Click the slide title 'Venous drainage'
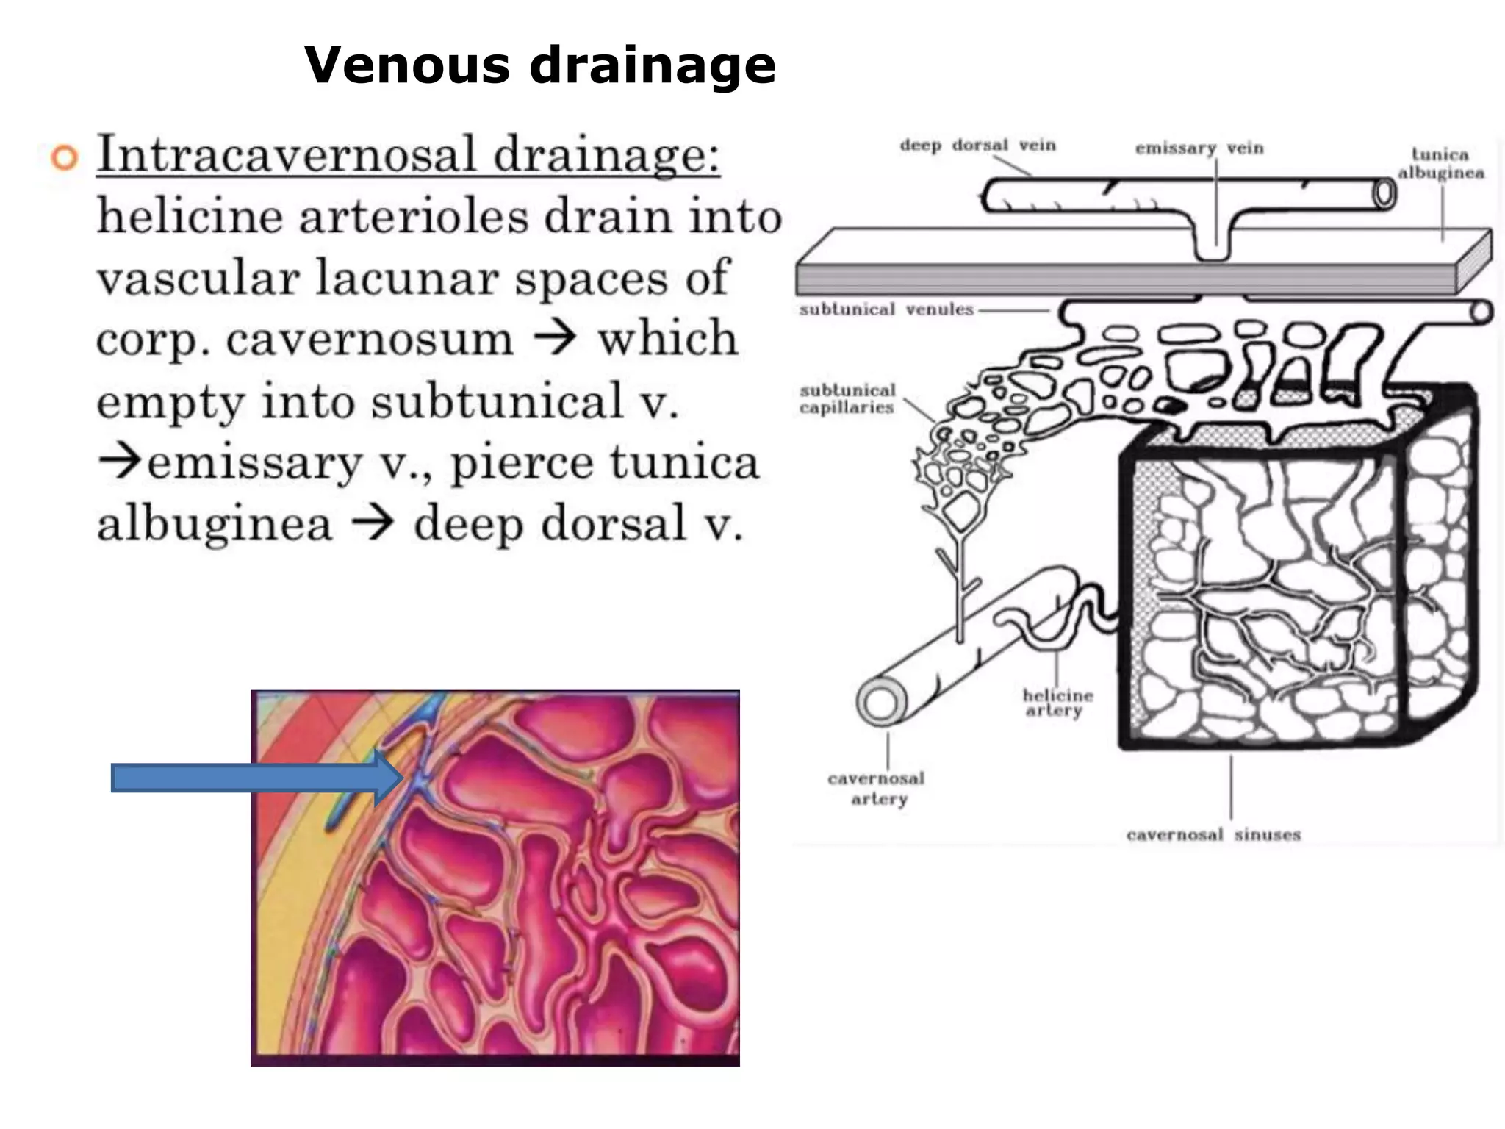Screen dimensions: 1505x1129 (540, 65)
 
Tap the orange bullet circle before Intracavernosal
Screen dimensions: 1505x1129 (65, 158)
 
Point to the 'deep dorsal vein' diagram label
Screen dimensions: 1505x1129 (977, 146)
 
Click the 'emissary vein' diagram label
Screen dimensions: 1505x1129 (1199, 148)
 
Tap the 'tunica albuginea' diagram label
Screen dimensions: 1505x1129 (1440, 164)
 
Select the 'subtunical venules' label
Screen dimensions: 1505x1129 (886, 309)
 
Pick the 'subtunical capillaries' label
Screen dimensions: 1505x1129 (847, 399)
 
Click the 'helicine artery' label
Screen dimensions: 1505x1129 (1057, 703)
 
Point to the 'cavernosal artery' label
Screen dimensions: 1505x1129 (876, 789)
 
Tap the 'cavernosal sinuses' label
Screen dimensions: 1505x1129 (1213, 835)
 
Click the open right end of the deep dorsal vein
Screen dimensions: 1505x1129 (1384, 195)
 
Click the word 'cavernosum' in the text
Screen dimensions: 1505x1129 (369, 340)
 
